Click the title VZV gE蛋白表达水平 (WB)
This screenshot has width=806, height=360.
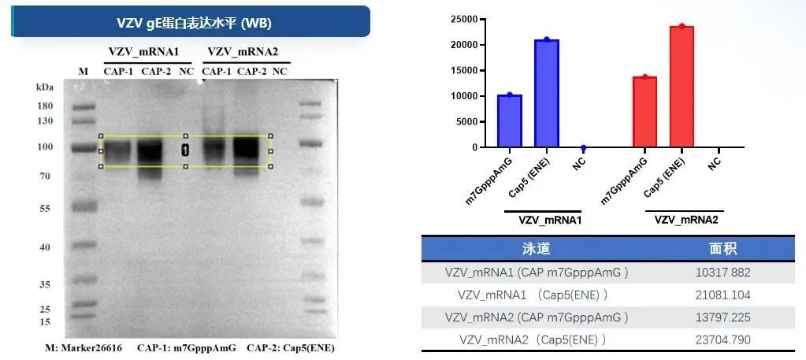click(x=194, y=23)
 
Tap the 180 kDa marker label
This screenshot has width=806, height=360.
click(x=44, y=106)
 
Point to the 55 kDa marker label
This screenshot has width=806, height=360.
click(x=44, y=209)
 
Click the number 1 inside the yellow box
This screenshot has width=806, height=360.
click(x=185, y=150)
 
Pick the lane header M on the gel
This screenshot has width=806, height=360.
click(x=83, y=72)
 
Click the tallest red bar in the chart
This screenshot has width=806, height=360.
click(x=682, y=87)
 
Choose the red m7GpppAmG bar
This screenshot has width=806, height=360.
click(x=644, y=111)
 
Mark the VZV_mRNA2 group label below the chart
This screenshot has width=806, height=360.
click(x=685, y=221)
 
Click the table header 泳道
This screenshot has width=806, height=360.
click(x=536, y=249)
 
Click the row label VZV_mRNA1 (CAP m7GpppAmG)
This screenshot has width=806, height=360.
click(x=536, y=273)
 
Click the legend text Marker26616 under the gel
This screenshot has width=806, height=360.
click(x=94, y=347)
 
